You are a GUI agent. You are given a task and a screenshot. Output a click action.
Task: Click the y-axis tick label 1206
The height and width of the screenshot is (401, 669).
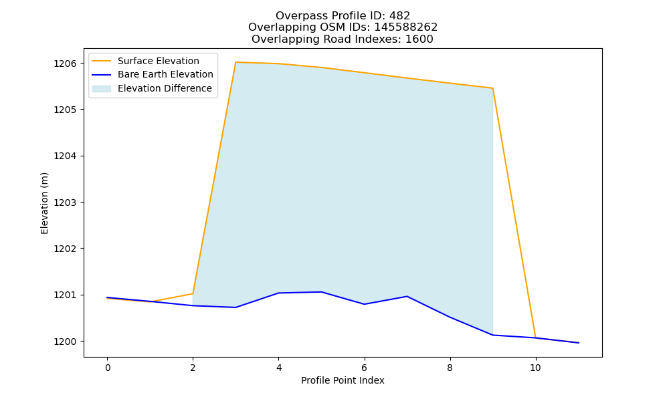65,63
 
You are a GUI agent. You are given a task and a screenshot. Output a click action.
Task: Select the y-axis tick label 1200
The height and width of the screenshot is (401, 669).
65,342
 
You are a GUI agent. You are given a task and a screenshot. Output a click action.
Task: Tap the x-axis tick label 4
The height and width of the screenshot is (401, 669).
278,368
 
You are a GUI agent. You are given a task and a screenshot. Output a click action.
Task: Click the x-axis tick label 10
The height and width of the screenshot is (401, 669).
535,368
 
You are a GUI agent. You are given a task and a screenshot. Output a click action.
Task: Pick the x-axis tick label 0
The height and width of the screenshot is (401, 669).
108,368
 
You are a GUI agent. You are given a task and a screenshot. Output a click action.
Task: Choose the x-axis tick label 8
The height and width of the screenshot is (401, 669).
450,368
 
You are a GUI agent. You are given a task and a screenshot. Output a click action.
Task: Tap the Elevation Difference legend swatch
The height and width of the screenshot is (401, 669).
102,89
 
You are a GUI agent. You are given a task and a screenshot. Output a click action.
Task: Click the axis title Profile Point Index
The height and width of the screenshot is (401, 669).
343,380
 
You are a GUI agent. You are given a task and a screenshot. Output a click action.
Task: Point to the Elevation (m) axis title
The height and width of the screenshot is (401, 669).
44,203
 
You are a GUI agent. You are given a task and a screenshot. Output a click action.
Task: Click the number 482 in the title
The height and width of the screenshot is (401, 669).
399,16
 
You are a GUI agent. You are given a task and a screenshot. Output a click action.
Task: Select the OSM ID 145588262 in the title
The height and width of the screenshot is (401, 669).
406,27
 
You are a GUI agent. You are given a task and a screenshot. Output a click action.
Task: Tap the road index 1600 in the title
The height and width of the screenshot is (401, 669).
419,39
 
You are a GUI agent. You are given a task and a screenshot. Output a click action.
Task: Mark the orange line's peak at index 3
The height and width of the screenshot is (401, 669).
235,62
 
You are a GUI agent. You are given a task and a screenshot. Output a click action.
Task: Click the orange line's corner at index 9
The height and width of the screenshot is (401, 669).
493,88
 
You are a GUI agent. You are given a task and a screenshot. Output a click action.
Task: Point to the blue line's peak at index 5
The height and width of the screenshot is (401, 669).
321,292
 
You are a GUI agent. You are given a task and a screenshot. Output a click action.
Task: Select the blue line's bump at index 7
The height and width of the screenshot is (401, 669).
407,296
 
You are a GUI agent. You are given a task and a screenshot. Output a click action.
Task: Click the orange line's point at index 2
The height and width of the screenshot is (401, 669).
193,293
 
